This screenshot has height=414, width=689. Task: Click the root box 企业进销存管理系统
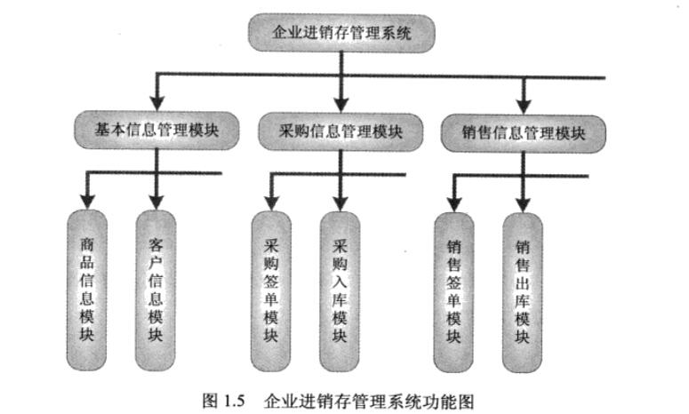tap(341, 34)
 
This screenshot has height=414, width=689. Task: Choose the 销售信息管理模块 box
tap(524, 134)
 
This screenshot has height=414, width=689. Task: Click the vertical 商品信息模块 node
tap(86, 288)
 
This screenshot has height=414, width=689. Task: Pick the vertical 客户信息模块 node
tap(156, 288)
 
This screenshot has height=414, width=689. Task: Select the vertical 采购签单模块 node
tap(271, 290)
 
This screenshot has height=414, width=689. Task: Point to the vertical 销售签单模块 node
tap(453, 291)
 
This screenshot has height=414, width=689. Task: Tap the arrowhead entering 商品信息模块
tap(86, 198)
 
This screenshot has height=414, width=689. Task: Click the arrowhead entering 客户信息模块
tap(156, 198)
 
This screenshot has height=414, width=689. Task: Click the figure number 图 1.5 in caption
tap(223, 398)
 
